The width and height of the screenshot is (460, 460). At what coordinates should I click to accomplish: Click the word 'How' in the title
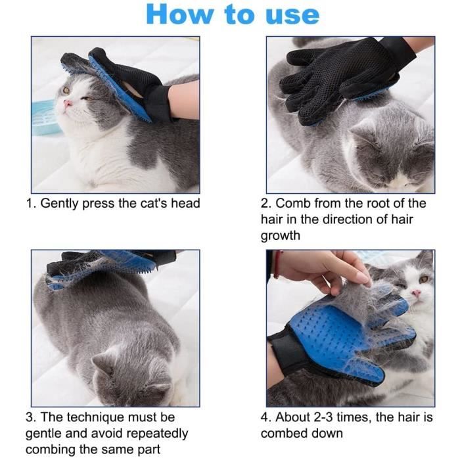click(179, 14)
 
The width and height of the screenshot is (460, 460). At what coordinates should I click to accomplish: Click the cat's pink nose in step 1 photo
click(68, 103)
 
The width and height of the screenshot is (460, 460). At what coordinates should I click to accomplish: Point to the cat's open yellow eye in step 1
click(66, 90)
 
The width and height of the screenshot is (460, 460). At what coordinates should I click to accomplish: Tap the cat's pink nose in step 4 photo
click(416, 292)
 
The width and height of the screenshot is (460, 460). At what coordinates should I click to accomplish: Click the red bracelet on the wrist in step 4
click(277, 264)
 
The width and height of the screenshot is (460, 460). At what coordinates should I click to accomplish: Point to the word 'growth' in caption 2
click(280, 236)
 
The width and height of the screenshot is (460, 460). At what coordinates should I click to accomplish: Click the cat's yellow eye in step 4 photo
click(424, 279)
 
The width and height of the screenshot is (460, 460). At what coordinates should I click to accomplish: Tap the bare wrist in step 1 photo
click(184, 100)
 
